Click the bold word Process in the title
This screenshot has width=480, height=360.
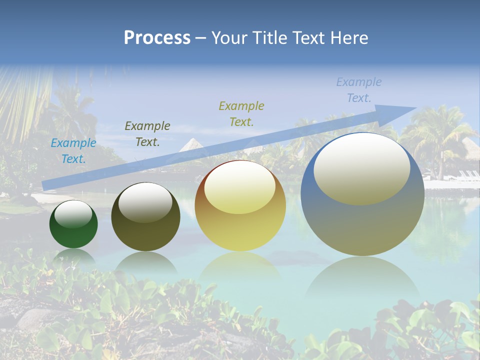pyautogui.click(x=157, y=38)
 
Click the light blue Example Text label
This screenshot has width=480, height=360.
pyautogui.click(x=73, y=151)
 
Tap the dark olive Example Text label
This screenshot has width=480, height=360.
pyautogui.click(x=147, y=134)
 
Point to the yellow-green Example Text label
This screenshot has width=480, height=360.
pyautogui.click(x=241, y=113)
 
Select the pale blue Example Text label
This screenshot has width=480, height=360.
pyautogui.click(x=359, y=90)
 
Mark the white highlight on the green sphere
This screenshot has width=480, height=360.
pyautogui.click(x=73, y=214)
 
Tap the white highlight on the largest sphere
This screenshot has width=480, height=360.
pyautogui.click(x=361, y=169)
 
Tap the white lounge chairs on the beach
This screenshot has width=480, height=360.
pyautogui.click(x=467, y=175)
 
